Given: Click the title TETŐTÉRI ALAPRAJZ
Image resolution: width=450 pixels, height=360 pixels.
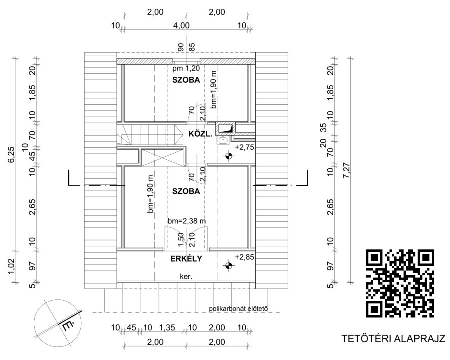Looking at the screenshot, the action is [x=393, y=339].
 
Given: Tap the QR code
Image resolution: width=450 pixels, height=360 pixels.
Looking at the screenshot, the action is [x=400, y=283].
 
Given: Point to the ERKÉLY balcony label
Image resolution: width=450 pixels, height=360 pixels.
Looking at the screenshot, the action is [x=186, y=259].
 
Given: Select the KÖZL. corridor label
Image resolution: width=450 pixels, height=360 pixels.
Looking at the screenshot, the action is [x=200, y=134].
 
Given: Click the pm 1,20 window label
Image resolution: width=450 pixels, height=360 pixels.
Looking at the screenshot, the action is [x=186, y=69].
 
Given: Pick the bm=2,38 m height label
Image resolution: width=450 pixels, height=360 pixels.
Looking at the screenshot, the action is [x=187, y=221].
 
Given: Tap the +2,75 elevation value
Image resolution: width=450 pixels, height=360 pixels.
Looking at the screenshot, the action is [x=244, y=147].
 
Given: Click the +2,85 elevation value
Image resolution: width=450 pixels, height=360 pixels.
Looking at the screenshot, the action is [x=244, y=257].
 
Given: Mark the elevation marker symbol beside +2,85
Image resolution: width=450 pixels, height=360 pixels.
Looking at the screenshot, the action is [x=228, y=266].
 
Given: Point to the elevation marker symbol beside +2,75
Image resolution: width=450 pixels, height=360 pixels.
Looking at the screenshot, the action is [x=228, y=156].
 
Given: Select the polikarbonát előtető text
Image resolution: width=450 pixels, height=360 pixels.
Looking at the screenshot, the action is [x=238, y=309].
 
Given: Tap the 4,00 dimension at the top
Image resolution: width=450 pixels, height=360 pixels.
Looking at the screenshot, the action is [x=181, y=25].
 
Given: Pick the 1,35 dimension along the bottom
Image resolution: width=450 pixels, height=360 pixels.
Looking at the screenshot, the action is [x=167, y=327].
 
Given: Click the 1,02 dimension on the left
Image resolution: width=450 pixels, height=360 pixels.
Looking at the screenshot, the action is [x=12, y=266].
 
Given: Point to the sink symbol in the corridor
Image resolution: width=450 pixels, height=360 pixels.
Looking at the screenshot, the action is [x=222, y=140].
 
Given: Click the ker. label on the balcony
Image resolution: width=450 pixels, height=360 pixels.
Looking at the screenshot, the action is [x=186, y=277].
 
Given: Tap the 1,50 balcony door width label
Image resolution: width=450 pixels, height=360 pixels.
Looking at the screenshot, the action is [x=181, y=240].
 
